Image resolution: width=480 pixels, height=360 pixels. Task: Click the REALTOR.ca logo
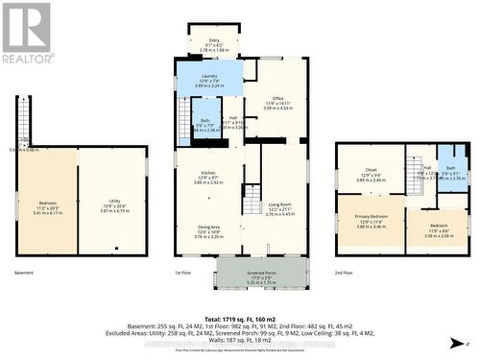[26, 33]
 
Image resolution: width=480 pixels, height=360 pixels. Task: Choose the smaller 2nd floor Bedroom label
[437, 230]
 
